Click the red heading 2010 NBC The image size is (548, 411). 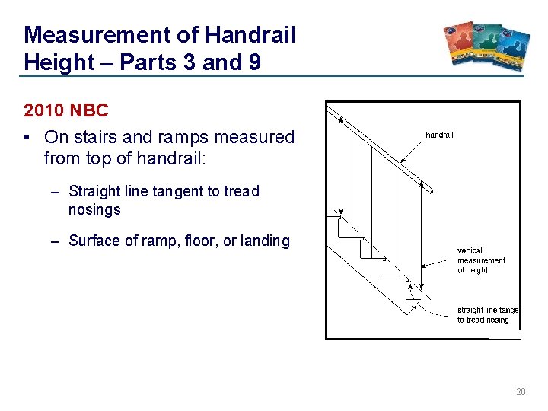pos(66,110)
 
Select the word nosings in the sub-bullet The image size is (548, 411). pos(94,209)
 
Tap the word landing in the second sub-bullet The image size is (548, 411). pos(264,241)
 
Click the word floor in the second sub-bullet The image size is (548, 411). pos(199,241)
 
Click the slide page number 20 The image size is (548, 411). pos(521,392)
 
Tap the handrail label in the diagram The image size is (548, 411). pos(439,135)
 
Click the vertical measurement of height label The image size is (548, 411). pos(480,260)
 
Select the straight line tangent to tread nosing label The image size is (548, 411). pos(487,315)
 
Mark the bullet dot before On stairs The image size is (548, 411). pos(27,138)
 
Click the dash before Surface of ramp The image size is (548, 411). pos(56,241)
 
